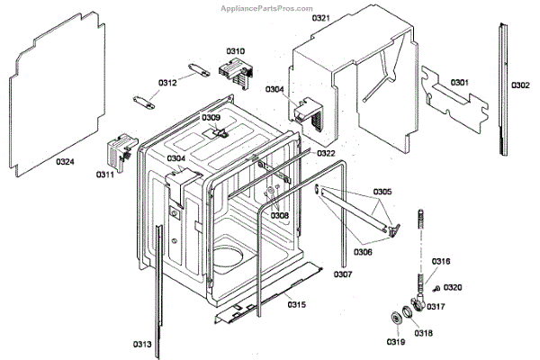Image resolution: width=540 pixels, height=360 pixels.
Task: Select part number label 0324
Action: pos(66,162)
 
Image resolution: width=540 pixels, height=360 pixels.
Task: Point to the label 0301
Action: pos(460,83)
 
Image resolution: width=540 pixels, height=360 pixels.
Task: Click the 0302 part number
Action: pos(520,85)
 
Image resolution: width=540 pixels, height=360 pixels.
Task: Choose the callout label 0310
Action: pos(236,51)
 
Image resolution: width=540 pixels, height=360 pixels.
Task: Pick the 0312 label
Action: pos(167,83)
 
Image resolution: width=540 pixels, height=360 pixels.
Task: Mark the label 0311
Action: pos(105,175)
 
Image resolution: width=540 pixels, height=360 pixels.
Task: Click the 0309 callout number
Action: pos(211,118)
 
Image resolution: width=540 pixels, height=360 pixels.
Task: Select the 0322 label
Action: pos(326,154)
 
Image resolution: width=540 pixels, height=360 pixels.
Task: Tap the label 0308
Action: pos(280,216)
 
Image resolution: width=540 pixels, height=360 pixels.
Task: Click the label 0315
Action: pos(297,305)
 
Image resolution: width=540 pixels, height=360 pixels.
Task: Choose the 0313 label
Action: pos(143,344)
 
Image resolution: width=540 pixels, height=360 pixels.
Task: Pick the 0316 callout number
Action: pos(441,262)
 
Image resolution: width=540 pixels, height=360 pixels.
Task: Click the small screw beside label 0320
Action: pos(436,288)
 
